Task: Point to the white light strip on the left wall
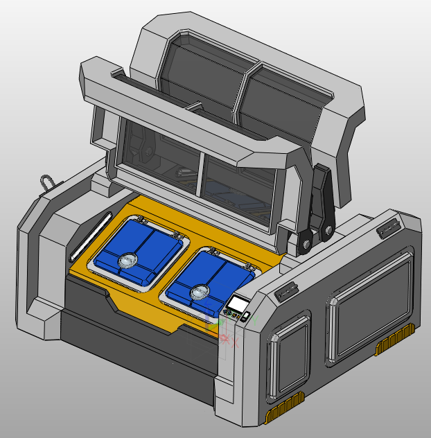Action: coord(88,233)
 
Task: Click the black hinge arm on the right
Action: coord(319,208)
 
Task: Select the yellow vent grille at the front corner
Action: coord(285,410)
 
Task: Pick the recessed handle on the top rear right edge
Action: coord(387,228)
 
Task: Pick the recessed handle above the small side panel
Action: coord(285,292)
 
